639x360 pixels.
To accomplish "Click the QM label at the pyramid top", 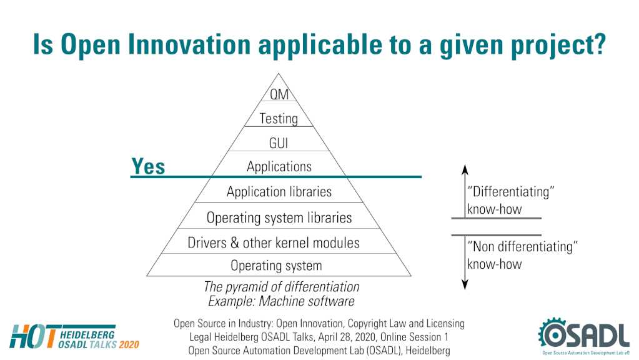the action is click(x=279, y=94).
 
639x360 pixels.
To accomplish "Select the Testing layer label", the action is click(x=279, y=119).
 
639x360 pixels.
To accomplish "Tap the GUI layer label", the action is click(x=279, y=143).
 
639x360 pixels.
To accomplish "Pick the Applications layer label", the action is click(x=279, y=167).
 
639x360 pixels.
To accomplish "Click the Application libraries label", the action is click(x=279, y=192).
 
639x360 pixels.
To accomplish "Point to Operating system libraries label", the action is click(x=279, y=217).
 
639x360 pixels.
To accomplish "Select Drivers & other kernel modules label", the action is click(x=274, y=243).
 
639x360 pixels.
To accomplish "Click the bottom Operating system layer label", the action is click(x=276, y=266).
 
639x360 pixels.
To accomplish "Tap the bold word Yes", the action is click(x=148, y=166).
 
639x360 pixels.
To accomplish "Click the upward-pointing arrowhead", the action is click(x=465, y=169).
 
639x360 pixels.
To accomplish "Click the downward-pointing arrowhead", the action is click(x=465, y=284).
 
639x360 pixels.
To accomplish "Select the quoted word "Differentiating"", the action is click(x=511, y=192).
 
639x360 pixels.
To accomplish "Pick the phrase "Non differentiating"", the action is click(x=522, y=247).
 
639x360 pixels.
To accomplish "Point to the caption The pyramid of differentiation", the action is click(x=282, y=287).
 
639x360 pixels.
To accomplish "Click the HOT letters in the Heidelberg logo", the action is click(x=32, y=336).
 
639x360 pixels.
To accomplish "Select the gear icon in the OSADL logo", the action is click(x=553, y=333).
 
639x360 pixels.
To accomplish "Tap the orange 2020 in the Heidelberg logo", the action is click(x=129, y=345).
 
